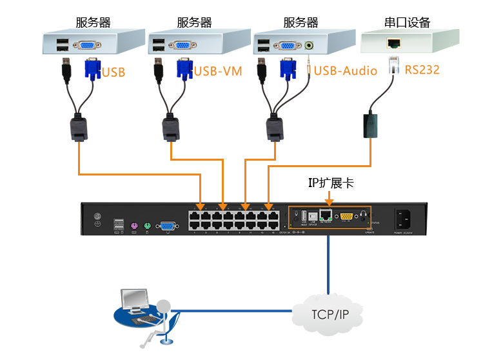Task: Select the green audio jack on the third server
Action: [x=311, y=46]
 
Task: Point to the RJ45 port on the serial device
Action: [x=393, y=44]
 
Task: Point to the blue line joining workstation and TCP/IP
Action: [x=239, y=312]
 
